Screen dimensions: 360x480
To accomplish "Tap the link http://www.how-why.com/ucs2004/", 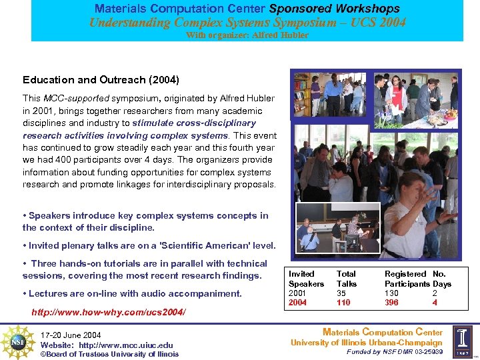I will pos(109,312).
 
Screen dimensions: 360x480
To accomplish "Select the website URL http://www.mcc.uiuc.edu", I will pos(126,345).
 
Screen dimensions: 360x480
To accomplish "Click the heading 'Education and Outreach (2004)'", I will pos(101,80).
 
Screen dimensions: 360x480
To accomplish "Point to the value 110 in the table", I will pos(343,302).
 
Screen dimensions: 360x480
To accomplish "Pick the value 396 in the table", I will pos(392,302).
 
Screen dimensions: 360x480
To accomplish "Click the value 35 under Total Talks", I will pos(341,293).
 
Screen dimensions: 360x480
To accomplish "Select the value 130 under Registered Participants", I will pos(392,293).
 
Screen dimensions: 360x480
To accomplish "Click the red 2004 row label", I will pos(297,302).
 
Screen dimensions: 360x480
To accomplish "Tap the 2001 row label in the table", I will pos(297,293).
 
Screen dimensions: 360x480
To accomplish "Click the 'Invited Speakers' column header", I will pos(305,279).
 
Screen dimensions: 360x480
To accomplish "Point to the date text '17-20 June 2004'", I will pos(71,335).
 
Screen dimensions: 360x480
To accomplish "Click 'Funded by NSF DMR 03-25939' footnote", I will pos(395,351).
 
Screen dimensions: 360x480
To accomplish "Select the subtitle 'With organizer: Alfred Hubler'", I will pos(247,35).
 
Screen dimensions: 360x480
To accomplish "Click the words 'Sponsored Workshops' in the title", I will pos(334,9).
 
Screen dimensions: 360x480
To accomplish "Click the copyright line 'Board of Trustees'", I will pos(109,354).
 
